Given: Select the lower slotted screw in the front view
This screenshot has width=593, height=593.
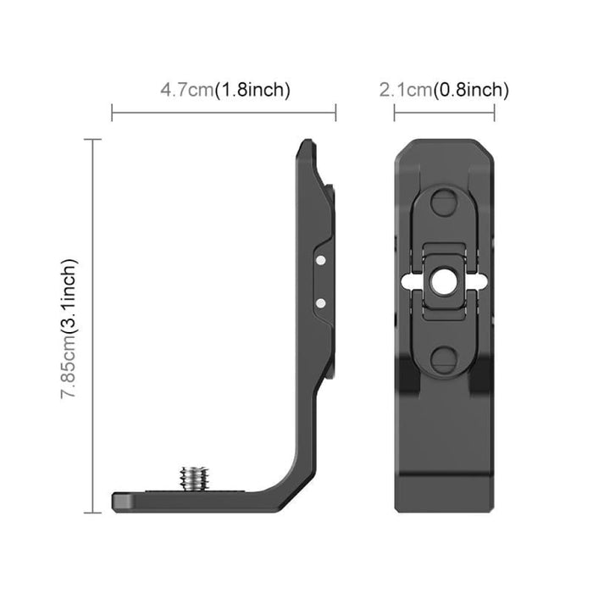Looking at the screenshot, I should click(x=445, y=356).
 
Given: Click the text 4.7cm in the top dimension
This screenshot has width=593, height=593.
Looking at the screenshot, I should click(x=186, y=90).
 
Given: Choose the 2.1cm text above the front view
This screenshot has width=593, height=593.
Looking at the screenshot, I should click(x=405, y=90).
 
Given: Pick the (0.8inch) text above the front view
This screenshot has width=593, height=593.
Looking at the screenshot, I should click(x=471, y=90).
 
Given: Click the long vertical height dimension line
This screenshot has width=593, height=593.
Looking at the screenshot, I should click(x=93, y=326).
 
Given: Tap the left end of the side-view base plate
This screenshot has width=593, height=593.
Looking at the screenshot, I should click(x=118, y=502).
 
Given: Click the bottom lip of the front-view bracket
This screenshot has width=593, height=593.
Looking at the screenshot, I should click(x=445, y=502).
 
